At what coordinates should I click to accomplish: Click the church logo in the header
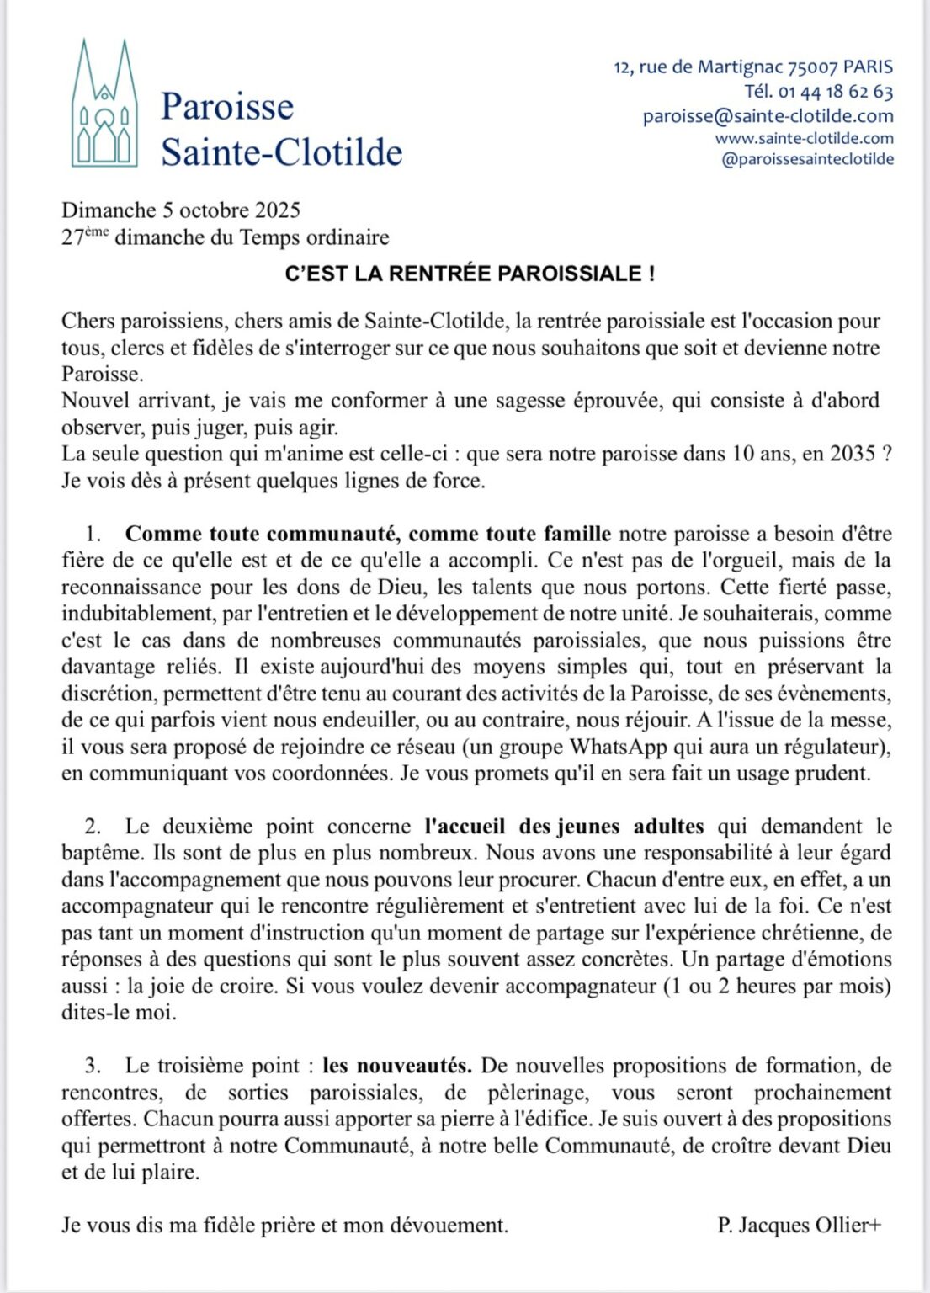coord(104,104)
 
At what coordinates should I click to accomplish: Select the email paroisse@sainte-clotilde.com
coord(768,116)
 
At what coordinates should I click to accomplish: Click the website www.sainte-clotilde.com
coord(804,138)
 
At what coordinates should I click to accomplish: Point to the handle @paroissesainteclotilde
coord(808,159)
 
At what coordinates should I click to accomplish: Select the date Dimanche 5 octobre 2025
coord(180,210)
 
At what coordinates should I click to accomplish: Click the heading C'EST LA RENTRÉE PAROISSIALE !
coord(470,274)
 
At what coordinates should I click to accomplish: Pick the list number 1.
coord(93,534)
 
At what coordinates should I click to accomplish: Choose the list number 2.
coord(93,827)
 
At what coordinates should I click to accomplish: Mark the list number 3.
coord(93,1066)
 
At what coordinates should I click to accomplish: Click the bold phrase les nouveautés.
coord(397,1066)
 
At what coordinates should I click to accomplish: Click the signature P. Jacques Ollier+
coord(799,1226)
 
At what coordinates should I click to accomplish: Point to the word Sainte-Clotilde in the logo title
coord(281,152)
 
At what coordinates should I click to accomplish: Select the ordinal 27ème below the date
coord(85,237)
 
